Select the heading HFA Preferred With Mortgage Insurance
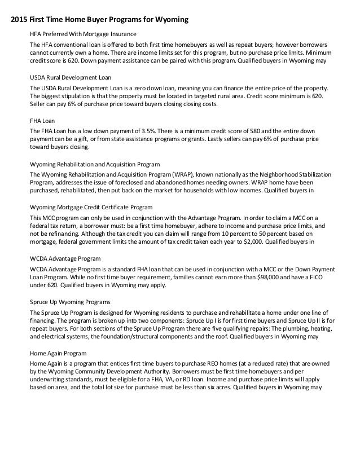(x=83, y=34)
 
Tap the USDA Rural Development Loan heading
(x=69, y=78)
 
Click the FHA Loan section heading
(x=43, y=121)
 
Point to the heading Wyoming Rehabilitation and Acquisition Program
(x=94, y=164)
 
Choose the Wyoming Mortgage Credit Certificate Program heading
(x=91, y=208)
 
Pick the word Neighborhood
(x=283, y=174)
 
